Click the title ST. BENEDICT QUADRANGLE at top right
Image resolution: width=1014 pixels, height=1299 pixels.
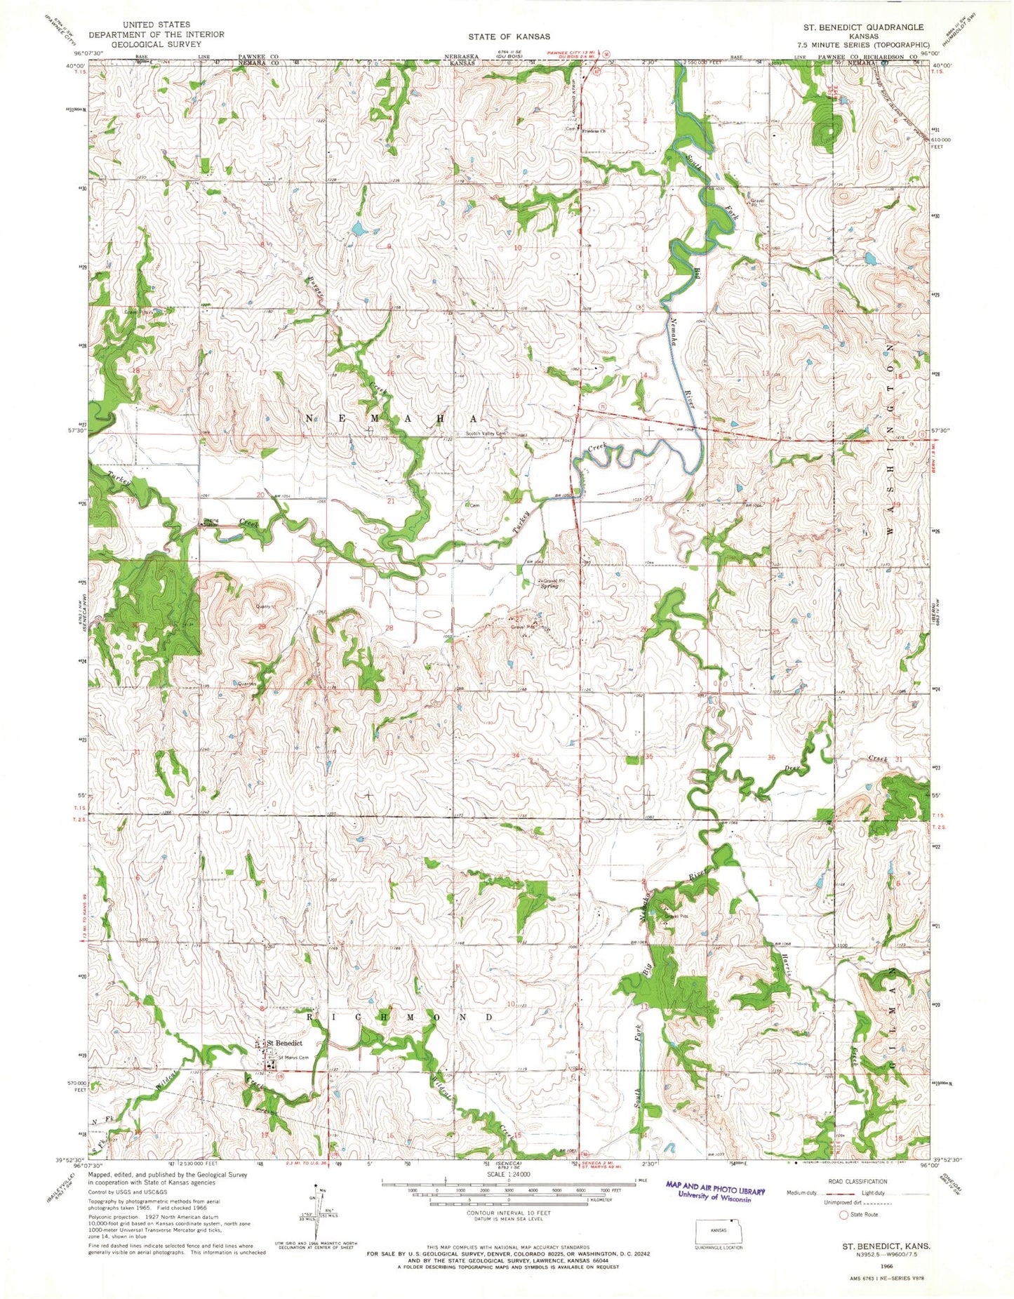click(x=864, y=27)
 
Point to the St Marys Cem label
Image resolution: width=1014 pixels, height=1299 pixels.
click(x=294, y=1058)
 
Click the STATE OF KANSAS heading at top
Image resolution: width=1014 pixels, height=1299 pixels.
click(x=509, y=36)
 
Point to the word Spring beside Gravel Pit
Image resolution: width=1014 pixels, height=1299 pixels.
click(x=549, y=586)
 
